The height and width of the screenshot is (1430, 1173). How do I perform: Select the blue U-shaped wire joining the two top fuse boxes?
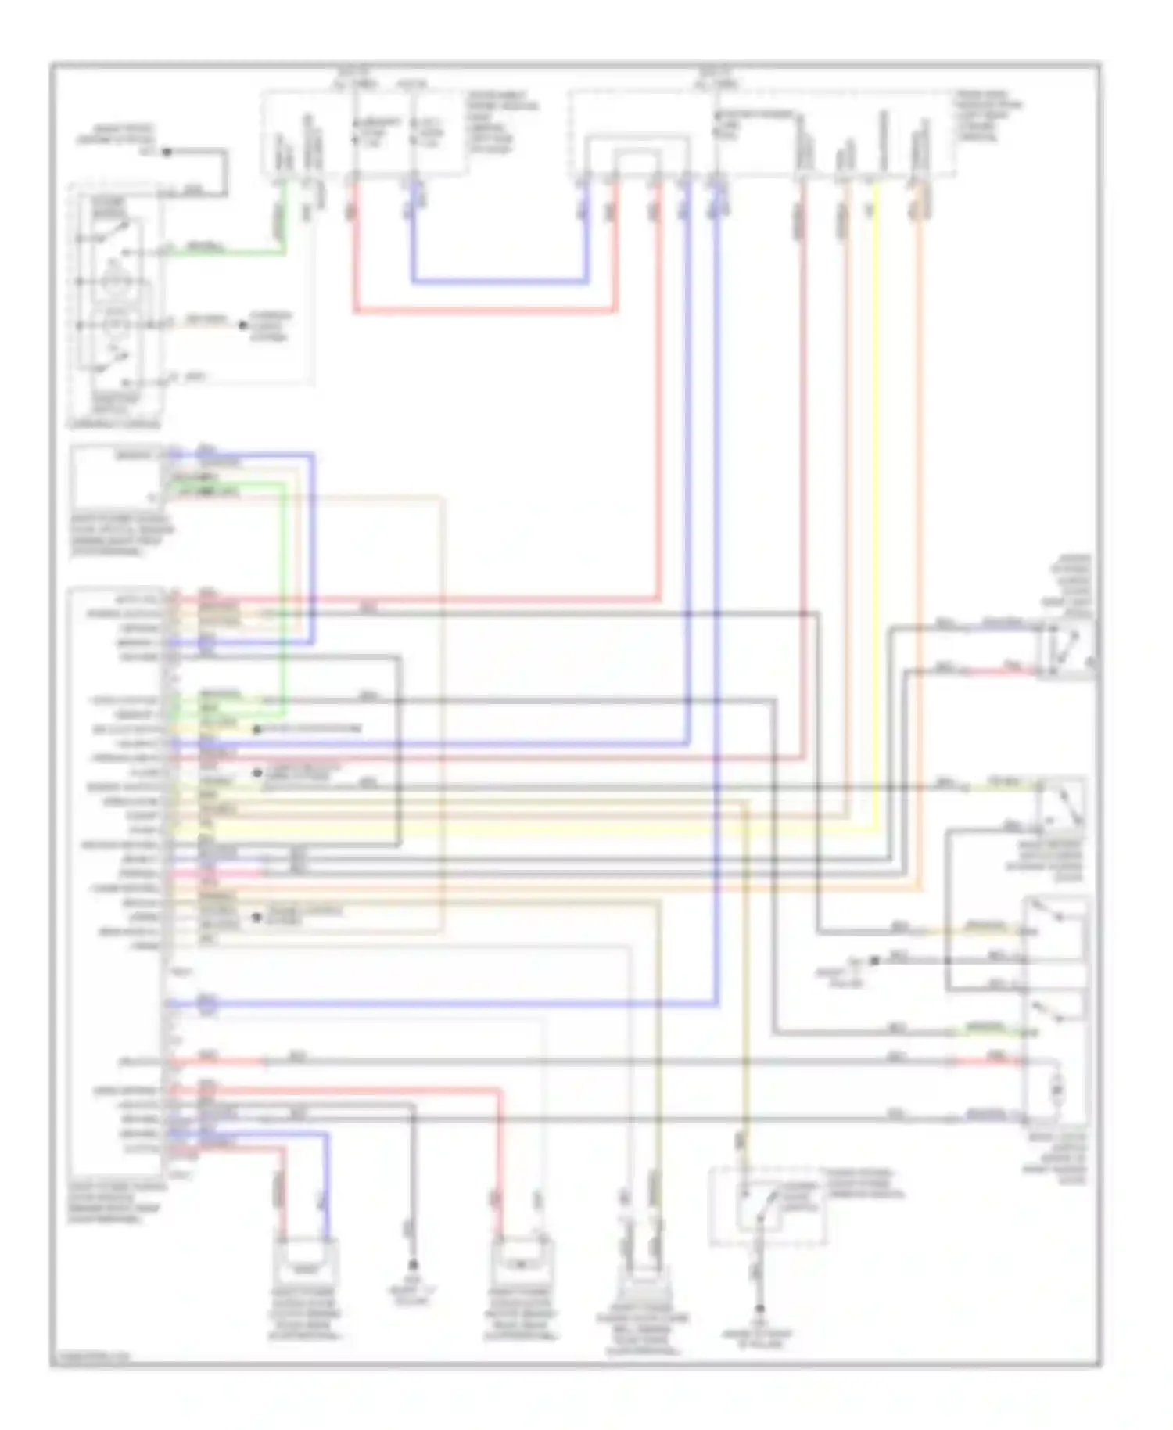[500, 281]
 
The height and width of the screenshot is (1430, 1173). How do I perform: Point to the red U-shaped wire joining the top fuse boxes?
[485, 311]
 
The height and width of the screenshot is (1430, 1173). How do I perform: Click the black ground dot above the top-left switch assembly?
[167, 152]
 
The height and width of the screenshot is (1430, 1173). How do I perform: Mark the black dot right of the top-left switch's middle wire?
[242, 324]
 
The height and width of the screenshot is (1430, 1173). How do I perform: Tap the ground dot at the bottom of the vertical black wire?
[412, 1264]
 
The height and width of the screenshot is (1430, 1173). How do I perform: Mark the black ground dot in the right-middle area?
[874, 960]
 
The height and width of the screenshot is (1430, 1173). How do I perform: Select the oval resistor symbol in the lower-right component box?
[1057, 1089]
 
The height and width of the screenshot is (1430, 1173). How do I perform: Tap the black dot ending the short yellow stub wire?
[256, 729]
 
